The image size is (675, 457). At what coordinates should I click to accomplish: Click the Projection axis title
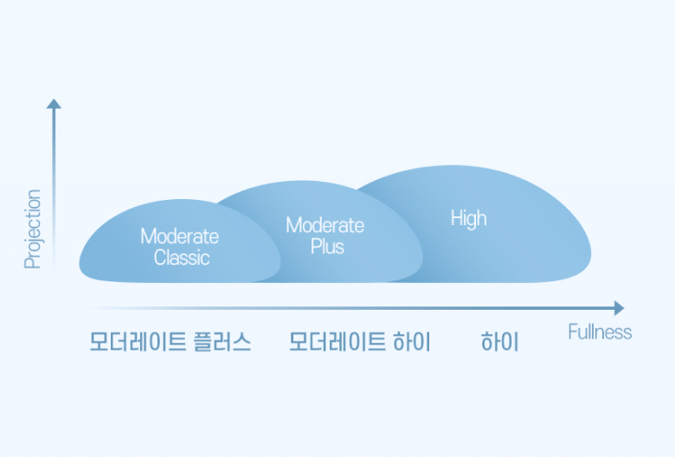33,229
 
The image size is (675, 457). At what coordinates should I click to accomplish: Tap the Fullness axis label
600,332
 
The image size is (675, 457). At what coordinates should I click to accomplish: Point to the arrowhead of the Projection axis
54,104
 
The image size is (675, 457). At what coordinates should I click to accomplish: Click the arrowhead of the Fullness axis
619,308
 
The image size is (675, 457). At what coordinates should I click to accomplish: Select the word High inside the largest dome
468,218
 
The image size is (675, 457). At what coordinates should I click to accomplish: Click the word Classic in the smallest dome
182,258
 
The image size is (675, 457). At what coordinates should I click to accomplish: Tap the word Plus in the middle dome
327,247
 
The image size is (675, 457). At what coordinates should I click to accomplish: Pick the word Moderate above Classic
179,236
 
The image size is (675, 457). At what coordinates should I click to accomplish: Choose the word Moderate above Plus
325,225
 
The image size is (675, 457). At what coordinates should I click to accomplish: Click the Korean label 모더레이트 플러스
170,342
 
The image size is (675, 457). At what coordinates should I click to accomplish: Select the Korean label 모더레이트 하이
359,342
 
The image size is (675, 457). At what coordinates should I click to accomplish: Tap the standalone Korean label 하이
499,342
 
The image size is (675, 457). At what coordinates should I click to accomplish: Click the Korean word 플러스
222,342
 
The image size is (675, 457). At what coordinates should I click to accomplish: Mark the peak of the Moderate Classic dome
180,200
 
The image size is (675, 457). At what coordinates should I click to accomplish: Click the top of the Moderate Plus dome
301,181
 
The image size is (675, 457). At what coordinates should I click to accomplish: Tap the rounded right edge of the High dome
590,254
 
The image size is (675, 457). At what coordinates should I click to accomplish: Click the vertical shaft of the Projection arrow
54,190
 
